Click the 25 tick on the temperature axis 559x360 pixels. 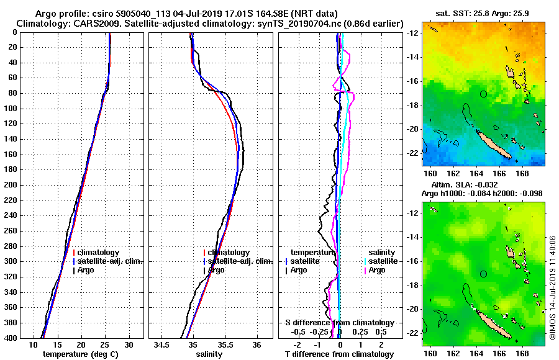point(105,344)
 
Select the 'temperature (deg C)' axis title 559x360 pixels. point(80,354)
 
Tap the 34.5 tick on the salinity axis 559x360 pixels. point(163,344)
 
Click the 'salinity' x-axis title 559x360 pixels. point(210,354)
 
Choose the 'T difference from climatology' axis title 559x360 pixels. point(339,354)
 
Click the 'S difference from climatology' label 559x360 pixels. point(339,323)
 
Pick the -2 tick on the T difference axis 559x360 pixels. point(298,344)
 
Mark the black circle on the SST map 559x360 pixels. point(484,94)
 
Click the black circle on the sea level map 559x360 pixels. point(484,274)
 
